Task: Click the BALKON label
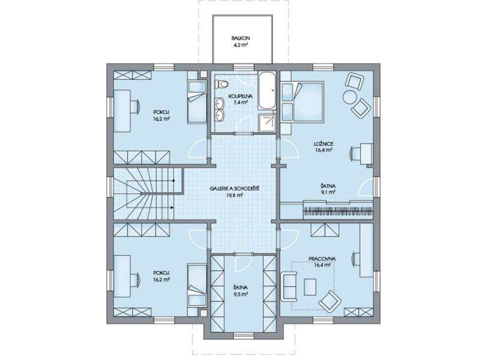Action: coord(241,38)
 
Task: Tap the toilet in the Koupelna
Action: coord(221,83)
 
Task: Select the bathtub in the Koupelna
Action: coord(267,91)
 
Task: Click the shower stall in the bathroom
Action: coord(267,123)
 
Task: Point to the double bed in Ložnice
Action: coord(302,102)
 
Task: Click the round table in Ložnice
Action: coord(349,97)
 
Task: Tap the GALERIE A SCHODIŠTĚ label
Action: coord(235,188)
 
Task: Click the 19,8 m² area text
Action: coord(235,195)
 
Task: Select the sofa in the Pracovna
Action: coord(289,286)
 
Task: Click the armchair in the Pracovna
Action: coord(329,300)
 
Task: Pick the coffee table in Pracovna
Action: coord(310,287)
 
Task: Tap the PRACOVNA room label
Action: coord(322,259)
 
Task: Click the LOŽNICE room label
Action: coord(323,143)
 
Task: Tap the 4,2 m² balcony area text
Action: coord(240,45)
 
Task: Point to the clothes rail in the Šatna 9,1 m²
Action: coord(338,211)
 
